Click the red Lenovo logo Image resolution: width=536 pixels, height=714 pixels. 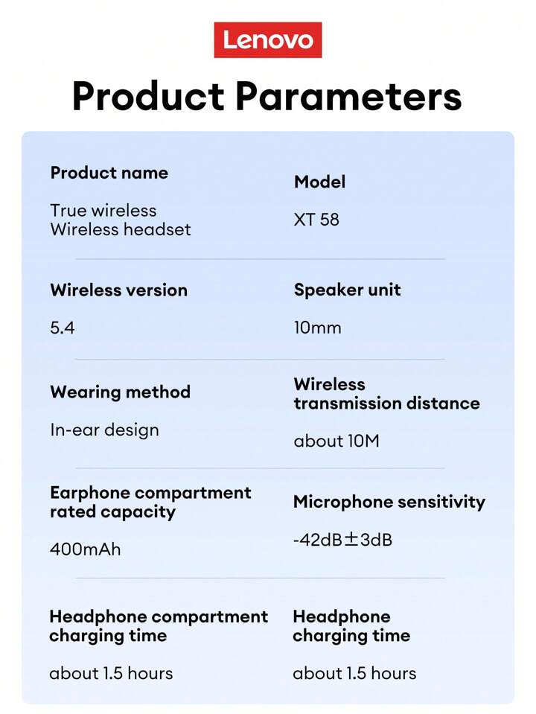pyautogui.click(x=268, y=40)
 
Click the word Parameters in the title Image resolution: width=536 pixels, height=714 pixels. pyautogui.click(x=349, y=96)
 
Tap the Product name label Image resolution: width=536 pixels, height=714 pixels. pyautogui.click(x=109, y=173)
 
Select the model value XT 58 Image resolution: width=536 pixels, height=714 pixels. pyautogui.click(x=316, y=220)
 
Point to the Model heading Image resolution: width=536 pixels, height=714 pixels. pyautogui.click(x=319, y=182)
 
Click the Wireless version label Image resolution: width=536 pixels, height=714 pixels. pyautogui.click(x=119, y=290)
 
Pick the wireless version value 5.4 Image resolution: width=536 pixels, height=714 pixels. pyautogui.click(x=63, y=328)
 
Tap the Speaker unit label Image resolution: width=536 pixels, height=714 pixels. pyautogui.click(x=348, y=290)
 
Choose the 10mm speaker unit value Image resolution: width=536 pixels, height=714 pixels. pyautogui.click(x=317, y=328)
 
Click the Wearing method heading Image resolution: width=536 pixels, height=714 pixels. pyautogui.click(x=120, y=392)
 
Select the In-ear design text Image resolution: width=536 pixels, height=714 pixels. pyautogui.click(x=105, y=430)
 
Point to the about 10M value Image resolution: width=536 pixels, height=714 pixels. pyautogui.click(x=336, y=441)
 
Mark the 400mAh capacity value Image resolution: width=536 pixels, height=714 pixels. pyautogui.click(x=86, y=549)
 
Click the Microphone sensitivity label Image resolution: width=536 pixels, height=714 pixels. pyautogui.click(x=389, y=502)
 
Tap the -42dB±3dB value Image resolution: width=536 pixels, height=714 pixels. pyautogui.click(x=343, y=540)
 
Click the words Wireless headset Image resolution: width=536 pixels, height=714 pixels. pyautogui.click(x=121, y=229)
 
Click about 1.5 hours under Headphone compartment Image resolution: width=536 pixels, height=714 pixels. pyautogui.click(x=111, y=674)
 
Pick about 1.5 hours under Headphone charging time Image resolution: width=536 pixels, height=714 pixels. pyautogui.click(x=355, y=674)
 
